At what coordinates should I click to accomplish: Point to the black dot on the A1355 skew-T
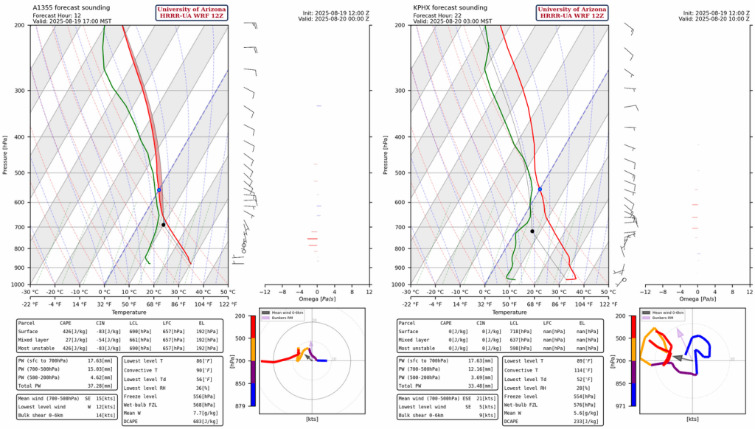click(164, 224)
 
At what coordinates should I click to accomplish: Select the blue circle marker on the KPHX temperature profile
click(540, 189)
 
